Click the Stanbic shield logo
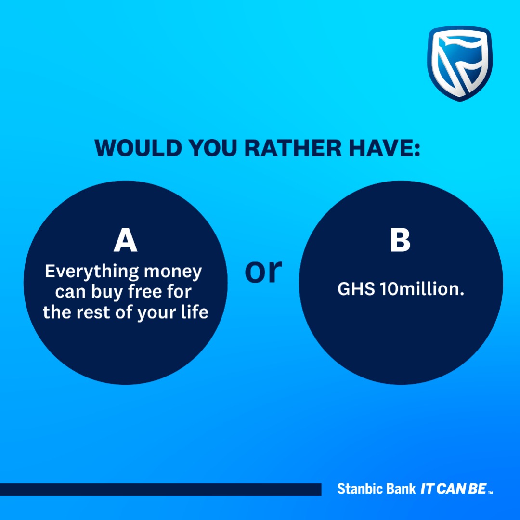pos(459,64)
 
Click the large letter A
pos(125,241)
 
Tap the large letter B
pos(400,241)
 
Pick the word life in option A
pos(195,312)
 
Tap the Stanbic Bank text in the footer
pos(376,489)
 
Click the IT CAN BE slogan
pos(453,489)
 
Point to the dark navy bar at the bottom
pos(160,489)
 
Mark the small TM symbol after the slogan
pos(490,492)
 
